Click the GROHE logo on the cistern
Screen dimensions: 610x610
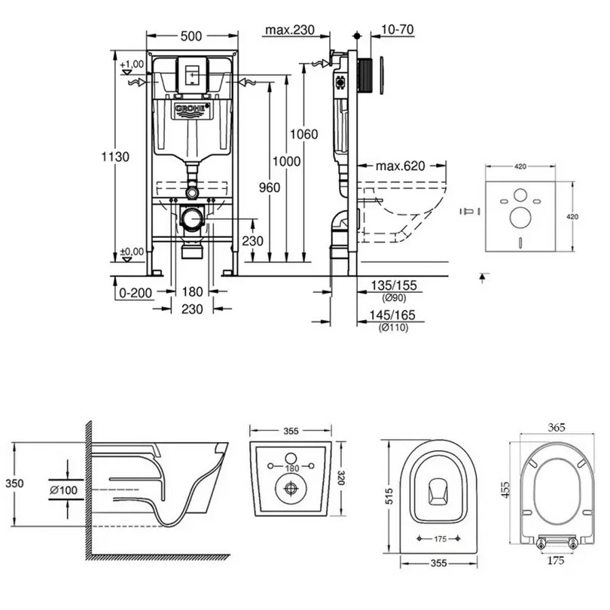point(193,108)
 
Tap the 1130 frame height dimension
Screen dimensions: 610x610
point(116,157)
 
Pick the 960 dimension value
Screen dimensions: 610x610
point(269,188)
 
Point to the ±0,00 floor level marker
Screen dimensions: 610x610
point(131,251)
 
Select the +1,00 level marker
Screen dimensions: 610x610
point(131,64)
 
